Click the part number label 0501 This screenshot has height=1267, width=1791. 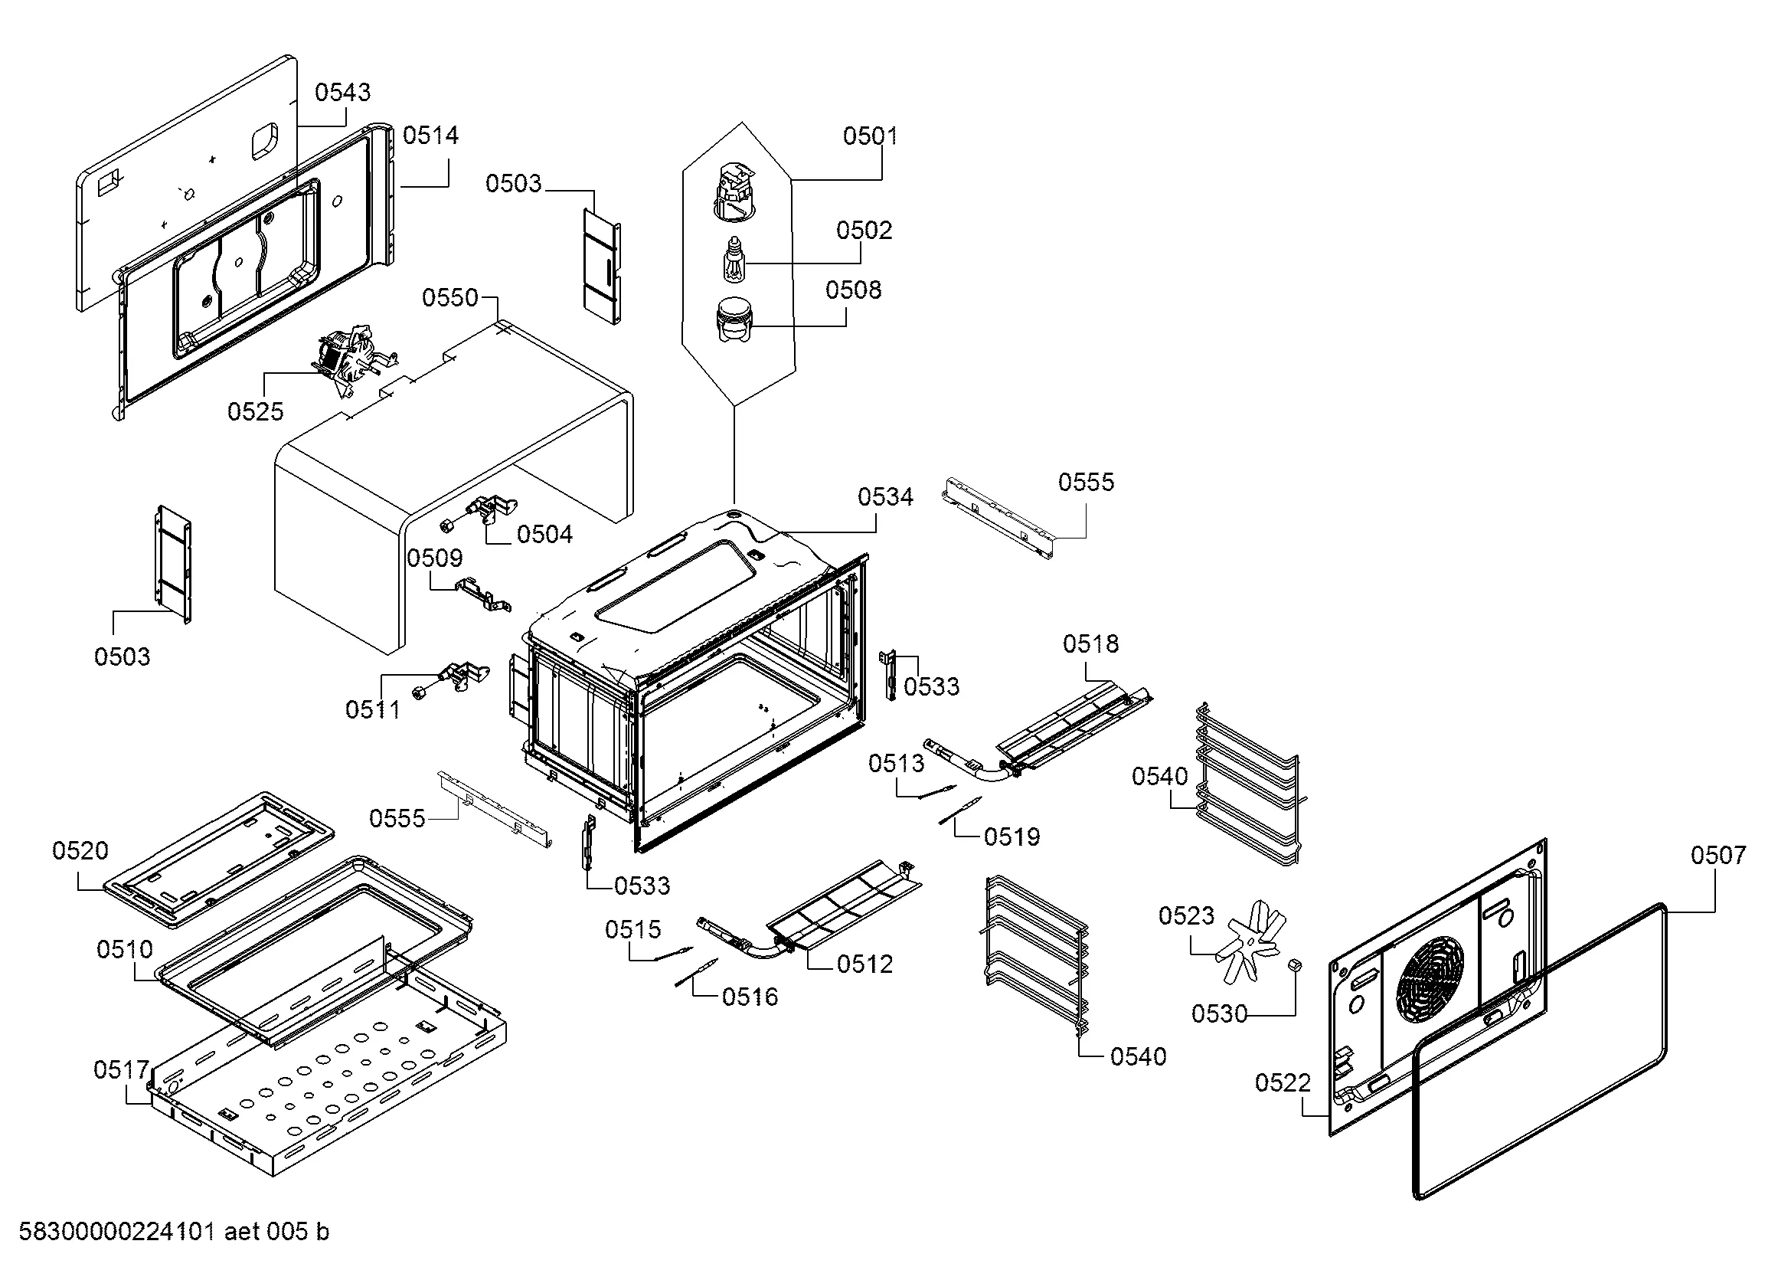870,136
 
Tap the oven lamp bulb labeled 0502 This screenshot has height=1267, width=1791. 734,260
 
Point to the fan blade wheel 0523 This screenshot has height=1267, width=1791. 1250,939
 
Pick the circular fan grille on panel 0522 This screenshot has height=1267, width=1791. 1430,978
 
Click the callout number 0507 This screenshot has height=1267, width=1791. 1717,856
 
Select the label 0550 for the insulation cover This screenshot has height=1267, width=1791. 449,298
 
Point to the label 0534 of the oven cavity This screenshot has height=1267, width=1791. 884,497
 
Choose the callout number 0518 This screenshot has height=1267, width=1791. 1090,644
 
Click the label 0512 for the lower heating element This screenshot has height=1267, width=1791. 864,965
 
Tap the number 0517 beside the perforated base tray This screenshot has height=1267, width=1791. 121,1069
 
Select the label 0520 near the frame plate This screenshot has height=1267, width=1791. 80,850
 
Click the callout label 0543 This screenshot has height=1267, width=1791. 342,93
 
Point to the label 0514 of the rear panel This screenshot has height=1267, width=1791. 430,136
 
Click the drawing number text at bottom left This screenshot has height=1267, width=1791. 173,1232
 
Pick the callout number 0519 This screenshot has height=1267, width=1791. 1012,837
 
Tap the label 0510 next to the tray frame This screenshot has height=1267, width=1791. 125,949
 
